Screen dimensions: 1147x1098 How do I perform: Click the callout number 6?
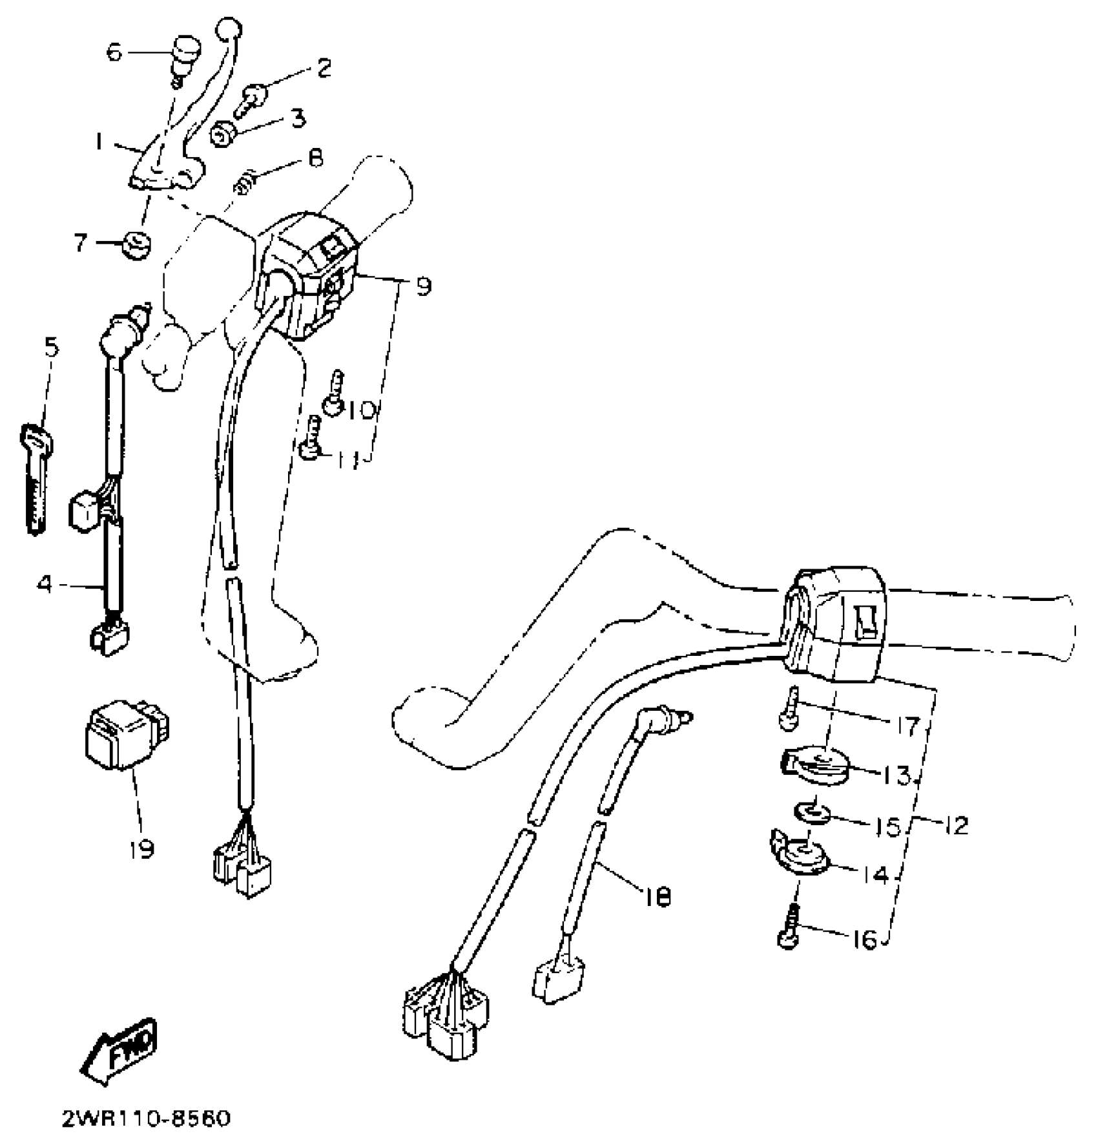click(114, 52)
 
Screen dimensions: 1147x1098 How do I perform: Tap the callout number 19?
click(141, 847)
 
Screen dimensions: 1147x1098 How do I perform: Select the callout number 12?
click(956, 825)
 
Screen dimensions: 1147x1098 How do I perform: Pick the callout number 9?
click(423, 285)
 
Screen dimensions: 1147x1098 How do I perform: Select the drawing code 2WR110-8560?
click(145, 1119)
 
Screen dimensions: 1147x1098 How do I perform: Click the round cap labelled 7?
click(136, 246)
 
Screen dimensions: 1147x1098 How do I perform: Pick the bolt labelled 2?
click(249, 98)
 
